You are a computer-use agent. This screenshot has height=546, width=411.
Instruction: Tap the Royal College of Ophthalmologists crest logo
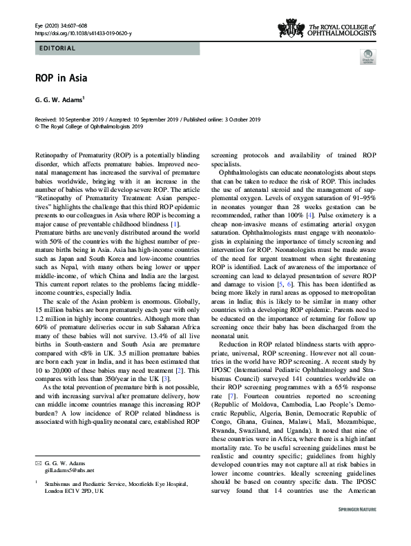point(290,28)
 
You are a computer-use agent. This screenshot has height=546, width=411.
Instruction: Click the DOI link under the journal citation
point(85,32)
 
